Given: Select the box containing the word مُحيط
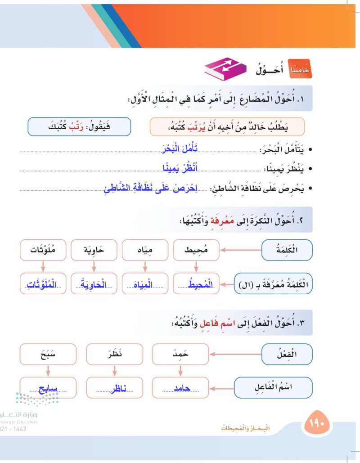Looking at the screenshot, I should pos(197,250).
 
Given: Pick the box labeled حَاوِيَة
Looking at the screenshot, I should pos(94,250).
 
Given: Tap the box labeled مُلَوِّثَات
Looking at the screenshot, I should pos(43,250).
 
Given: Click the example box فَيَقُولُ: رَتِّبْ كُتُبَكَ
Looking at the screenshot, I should pos(79,126).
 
